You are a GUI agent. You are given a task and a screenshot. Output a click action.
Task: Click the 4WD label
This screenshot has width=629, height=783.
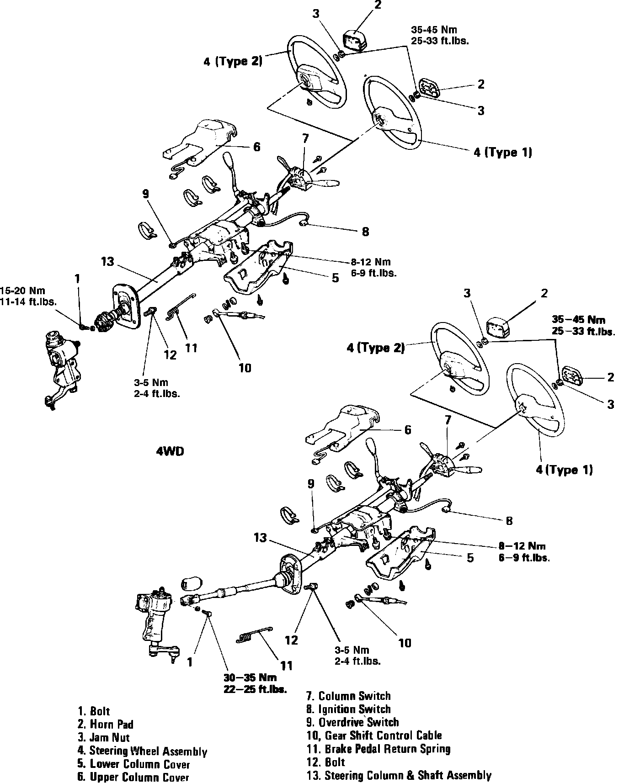pos(170,451)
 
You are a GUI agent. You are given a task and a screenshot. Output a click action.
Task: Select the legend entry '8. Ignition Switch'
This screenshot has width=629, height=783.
pos(348,709)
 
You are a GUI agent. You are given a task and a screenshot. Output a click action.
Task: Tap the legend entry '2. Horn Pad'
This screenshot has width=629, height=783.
pos(105,724)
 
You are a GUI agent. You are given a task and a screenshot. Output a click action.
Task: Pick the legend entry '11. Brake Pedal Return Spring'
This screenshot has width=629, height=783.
pos(378,749)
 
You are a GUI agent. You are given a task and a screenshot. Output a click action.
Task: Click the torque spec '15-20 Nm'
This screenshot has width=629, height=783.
pos(23,291)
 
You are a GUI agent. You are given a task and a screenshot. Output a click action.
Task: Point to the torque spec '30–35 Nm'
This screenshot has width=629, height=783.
pos(250,677)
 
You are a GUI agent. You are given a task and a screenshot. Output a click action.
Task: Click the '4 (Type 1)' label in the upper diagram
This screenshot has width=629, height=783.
pos(502,152)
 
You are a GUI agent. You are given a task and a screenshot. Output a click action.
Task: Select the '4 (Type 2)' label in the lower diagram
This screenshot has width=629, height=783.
pos(375,348)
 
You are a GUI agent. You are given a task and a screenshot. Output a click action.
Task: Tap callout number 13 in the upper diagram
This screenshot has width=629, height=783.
pos(107,261)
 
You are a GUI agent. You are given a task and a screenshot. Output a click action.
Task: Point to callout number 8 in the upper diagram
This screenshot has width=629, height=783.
pos(365,232)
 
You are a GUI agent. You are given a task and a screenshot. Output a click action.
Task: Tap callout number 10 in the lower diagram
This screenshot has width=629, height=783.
pos(405,643)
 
